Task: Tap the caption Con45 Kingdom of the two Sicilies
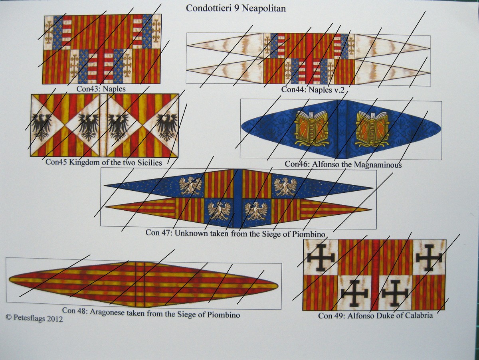point(104,162)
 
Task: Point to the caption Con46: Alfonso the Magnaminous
point(343,164)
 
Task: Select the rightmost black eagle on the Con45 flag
point(167,126)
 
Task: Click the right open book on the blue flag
point(372,128)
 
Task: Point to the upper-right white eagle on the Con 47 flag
point(285,186)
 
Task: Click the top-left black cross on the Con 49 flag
point(321,257)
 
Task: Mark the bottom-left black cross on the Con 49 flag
point(354,293)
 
